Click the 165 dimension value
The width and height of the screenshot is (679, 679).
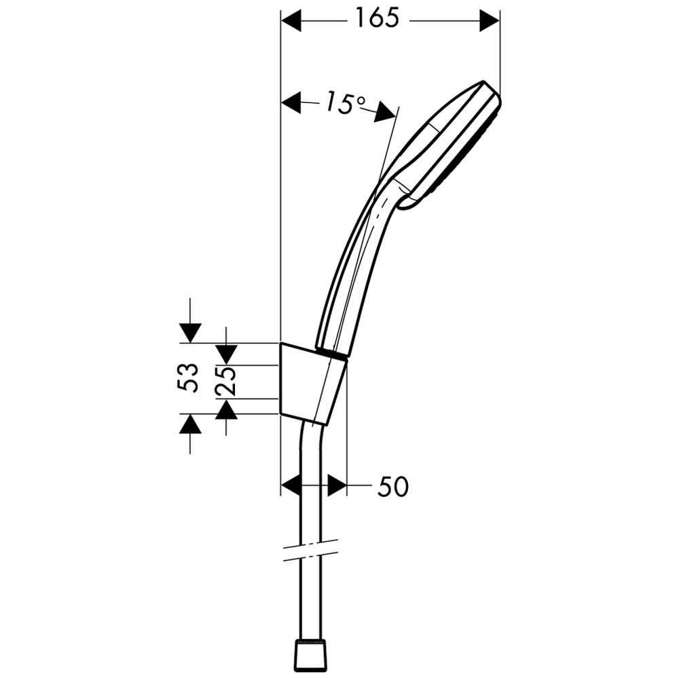pyautogui.click(x=376, y=19)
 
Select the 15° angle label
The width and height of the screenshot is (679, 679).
pyautogui.click(x=345, y=103)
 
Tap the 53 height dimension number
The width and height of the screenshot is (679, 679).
pyautogui.click(x=188, y=378)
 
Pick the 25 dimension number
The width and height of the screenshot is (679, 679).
pyautogui.click(x=225, y=381)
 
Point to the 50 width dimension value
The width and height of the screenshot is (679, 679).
pyautogui.click(x=392, y=486)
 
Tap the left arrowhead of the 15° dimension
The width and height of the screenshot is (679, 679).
pyautogui.click(x=291, y=103)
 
